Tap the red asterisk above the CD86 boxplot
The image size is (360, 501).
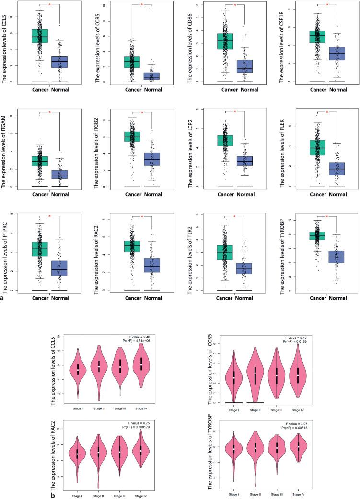(x=234, y=5)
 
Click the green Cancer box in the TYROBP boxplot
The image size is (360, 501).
(x=316, y=235)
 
